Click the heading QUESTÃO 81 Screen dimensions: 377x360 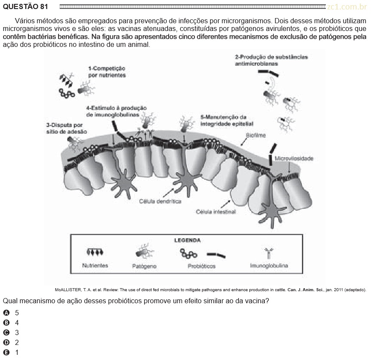[25, 6]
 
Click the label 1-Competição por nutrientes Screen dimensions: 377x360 [107, 72]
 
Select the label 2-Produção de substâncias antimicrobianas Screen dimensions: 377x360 [271, 60]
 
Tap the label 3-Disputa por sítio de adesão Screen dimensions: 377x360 [67, 128]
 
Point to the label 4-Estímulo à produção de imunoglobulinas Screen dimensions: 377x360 [116, 111]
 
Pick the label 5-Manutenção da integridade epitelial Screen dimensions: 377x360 [227, 120]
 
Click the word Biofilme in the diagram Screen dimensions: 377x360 [256, 135]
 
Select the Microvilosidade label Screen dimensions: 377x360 [294, 158]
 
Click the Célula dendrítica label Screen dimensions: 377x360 [160, 201]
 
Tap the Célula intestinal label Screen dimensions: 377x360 [216, 212]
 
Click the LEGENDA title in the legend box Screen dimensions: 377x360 [187, 240]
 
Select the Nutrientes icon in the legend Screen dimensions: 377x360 [95, 252]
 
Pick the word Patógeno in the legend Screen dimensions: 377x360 [144, 266]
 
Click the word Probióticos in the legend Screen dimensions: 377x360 [202, 266]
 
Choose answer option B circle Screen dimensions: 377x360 [6, 323]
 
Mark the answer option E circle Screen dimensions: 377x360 [6, 353]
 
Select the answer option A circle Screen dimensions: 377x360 [6, 313]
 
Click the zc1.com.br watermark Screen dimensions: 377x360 [347, 7]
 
